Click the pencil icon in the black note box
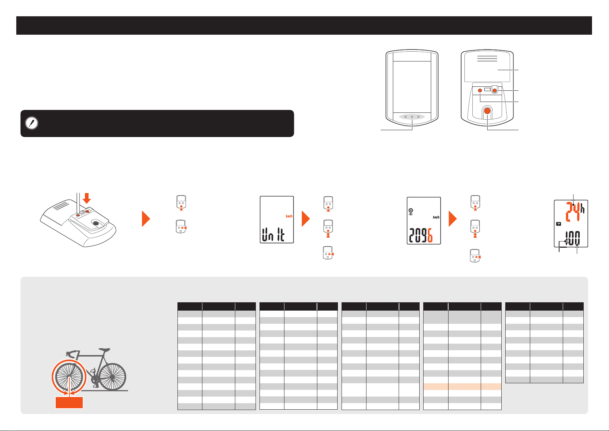pyautogui.click(x=31, y=123)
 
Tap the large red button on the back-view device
pyautogui.click(x=487, y=111)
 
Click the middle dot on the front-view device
pyautogui.click(x=412, y=117)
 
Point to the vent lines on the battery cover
pyautogui.click(x=487, y=59)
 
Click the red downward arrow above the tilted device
pyautogui.click(x=87, y=198)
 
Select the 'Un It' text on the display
pyautogui.click(x=273, y=234)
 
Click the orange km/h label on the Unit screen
pyautogui.click(x=289, y=216)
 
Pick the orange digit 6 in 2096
pyautogui.click(x=430, y=235)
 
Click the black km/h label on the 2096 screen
pyautogui.click(x=436, y=217)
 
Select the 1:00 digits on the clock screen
pyautogui.click(x=572, y=238)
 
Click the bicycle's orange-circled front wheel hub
pyautogui.click(x=69, y=377)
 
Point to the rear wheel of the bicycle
pyautogui.click(x=112, y=377)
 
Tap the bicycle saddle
pyautogui.click(x=104, y=350)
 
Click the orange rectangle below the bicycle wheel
pyautogui.click(x=69, y=402)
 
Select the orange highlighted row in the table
pyautogui.click(x=462, y=387)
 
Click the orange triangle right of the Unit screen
pyautogui.click(x=306, y=219)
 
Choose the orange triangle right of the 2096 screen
pyautogui.click(x=453, y=219)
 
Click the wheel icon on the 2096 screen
pyautogui.click(x=411, y=210)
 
